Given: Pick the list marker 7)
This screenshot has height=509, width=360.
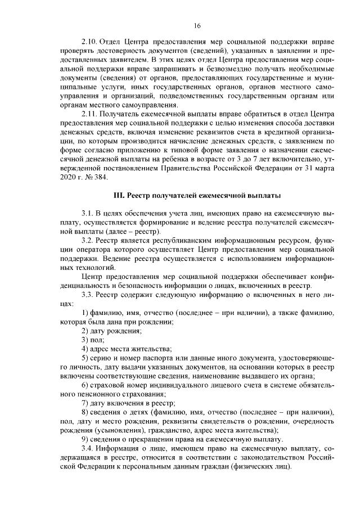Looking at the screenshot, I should point(85,403).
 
